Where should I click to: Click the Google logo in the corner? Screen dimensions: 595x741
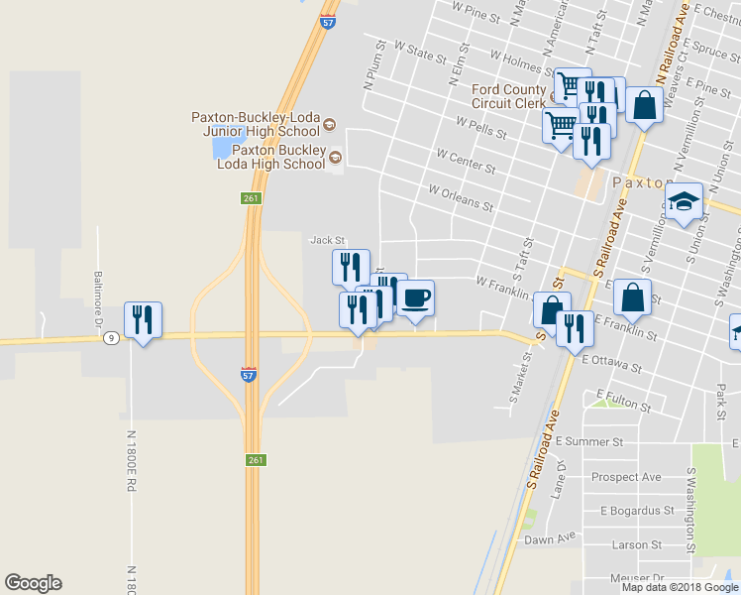pos(33,583)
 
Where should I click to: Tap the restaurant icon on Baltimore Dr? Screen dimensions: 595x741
pos(143,320)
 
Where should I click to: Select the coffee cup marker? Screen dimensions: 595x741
pos(415,298)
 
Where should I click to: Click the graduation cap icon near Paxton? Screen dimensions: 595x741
pos(684,202)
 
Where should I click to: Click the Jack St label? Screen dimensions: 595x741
pos(327,240)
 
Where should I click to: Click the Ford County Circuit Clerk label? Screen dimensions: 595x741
pos(509,96)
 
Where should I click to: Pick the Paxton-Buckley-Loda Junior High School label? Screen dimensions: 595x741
pos(256,124)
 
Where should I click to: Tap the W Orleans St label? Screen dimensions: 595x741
pos(461,197)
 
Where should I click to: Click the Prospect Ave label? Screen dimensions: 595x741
pos(625,477)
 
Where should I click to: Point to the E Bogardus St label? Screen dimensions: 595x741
pos(637,511)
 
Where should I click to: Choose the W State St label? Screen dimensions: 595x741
pos(420,52)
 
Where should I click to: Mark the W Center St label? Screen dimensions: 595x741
pos(465,157)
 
